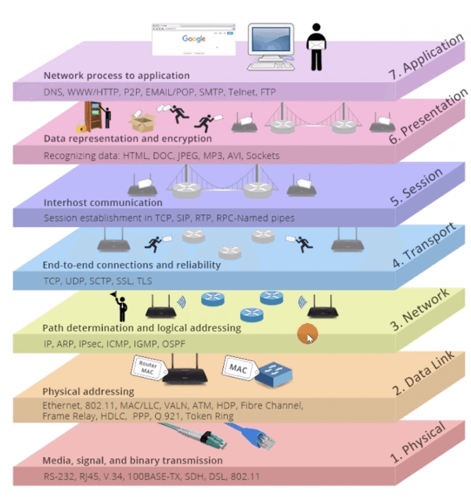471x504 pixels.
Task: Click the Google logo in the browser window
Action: (x=193, y=38)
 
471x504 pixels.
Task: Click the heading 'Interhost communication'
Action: (x=102, y=203)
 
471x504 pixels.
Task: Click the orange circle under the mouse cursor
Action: (x=307, y=334)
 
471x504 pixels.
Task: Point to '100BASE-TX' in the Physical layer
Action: (x=164, y=476)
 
